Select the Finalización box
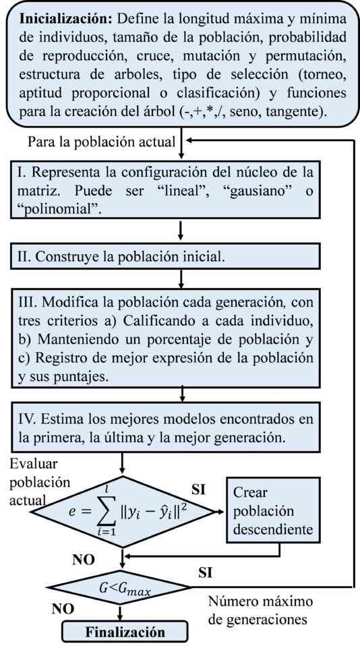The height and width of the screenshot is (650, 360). (x=125, y=632)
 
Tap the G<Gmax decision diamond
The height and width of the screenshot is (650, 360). (x=124, y=591)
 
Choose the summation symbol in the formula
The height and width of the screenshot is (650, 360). (x=109, y=512)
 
